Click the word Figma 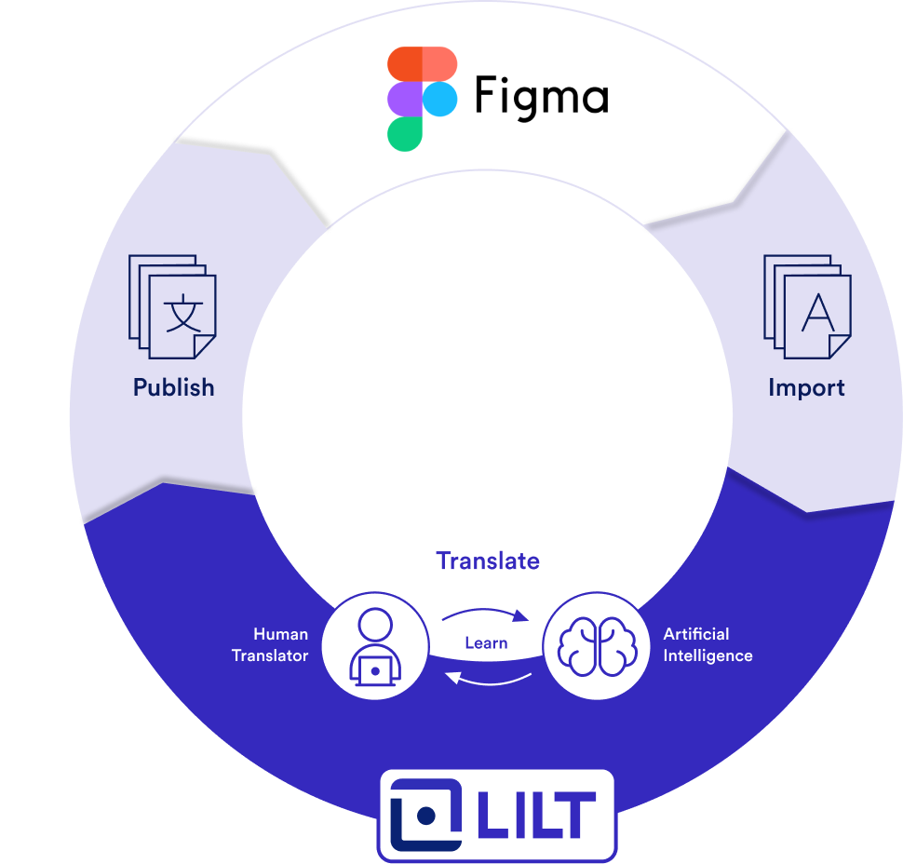point(541,96)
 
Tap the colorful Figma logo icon point(422,99)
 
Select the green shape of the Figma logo point(405,133)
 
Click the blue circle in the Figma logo point(439,99)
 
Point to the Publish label point(173,387)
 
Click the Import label point(806,387)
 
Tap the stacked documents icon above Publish point(172,305)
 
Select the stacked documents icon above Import point(806,306)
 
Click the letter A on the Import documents point(818,314)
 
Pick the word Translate point(488,560)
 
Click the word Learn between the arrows point(486,642)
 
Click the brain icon point(596,646)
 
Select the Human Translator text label point(270,644)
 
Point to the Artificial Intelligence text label point(708,644)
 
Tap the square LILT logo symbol point(425,815)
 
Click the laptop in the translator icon point(374,668)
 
